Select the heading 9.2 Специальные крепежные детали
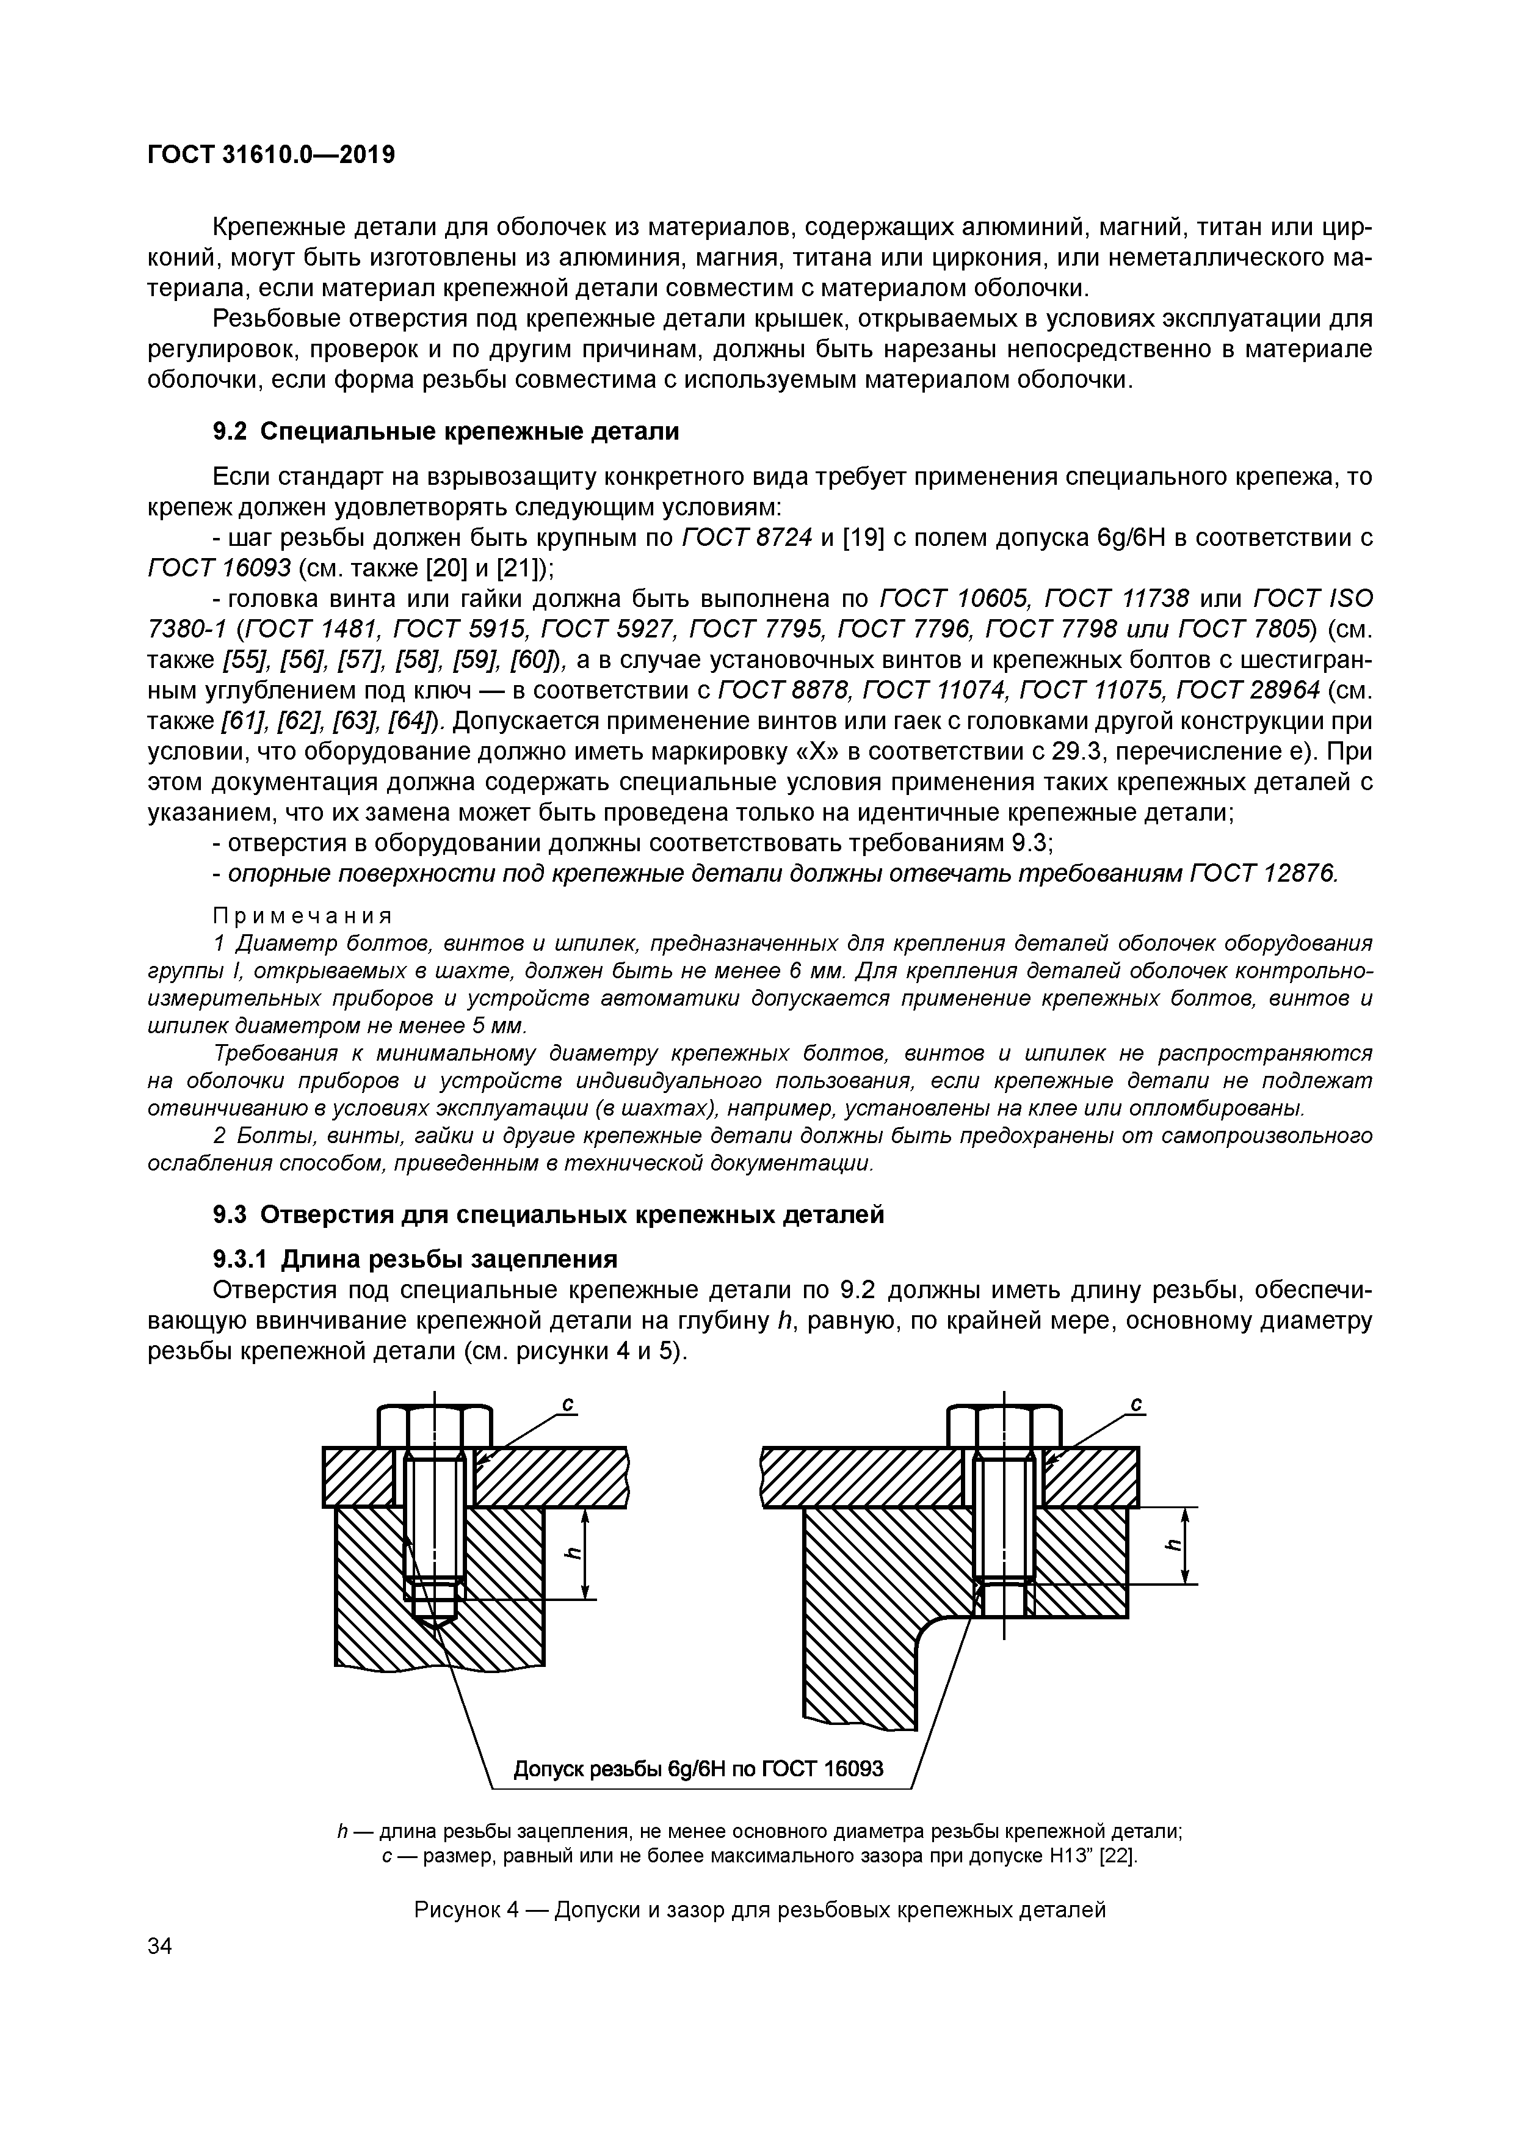[446, 431]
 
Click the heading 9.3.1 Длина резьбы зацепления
[415, 1260]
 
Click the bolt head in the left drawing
[435, 1426]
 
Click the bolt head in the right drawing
[1004, 1426]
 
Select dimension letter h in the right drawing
[1175, 1544]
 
